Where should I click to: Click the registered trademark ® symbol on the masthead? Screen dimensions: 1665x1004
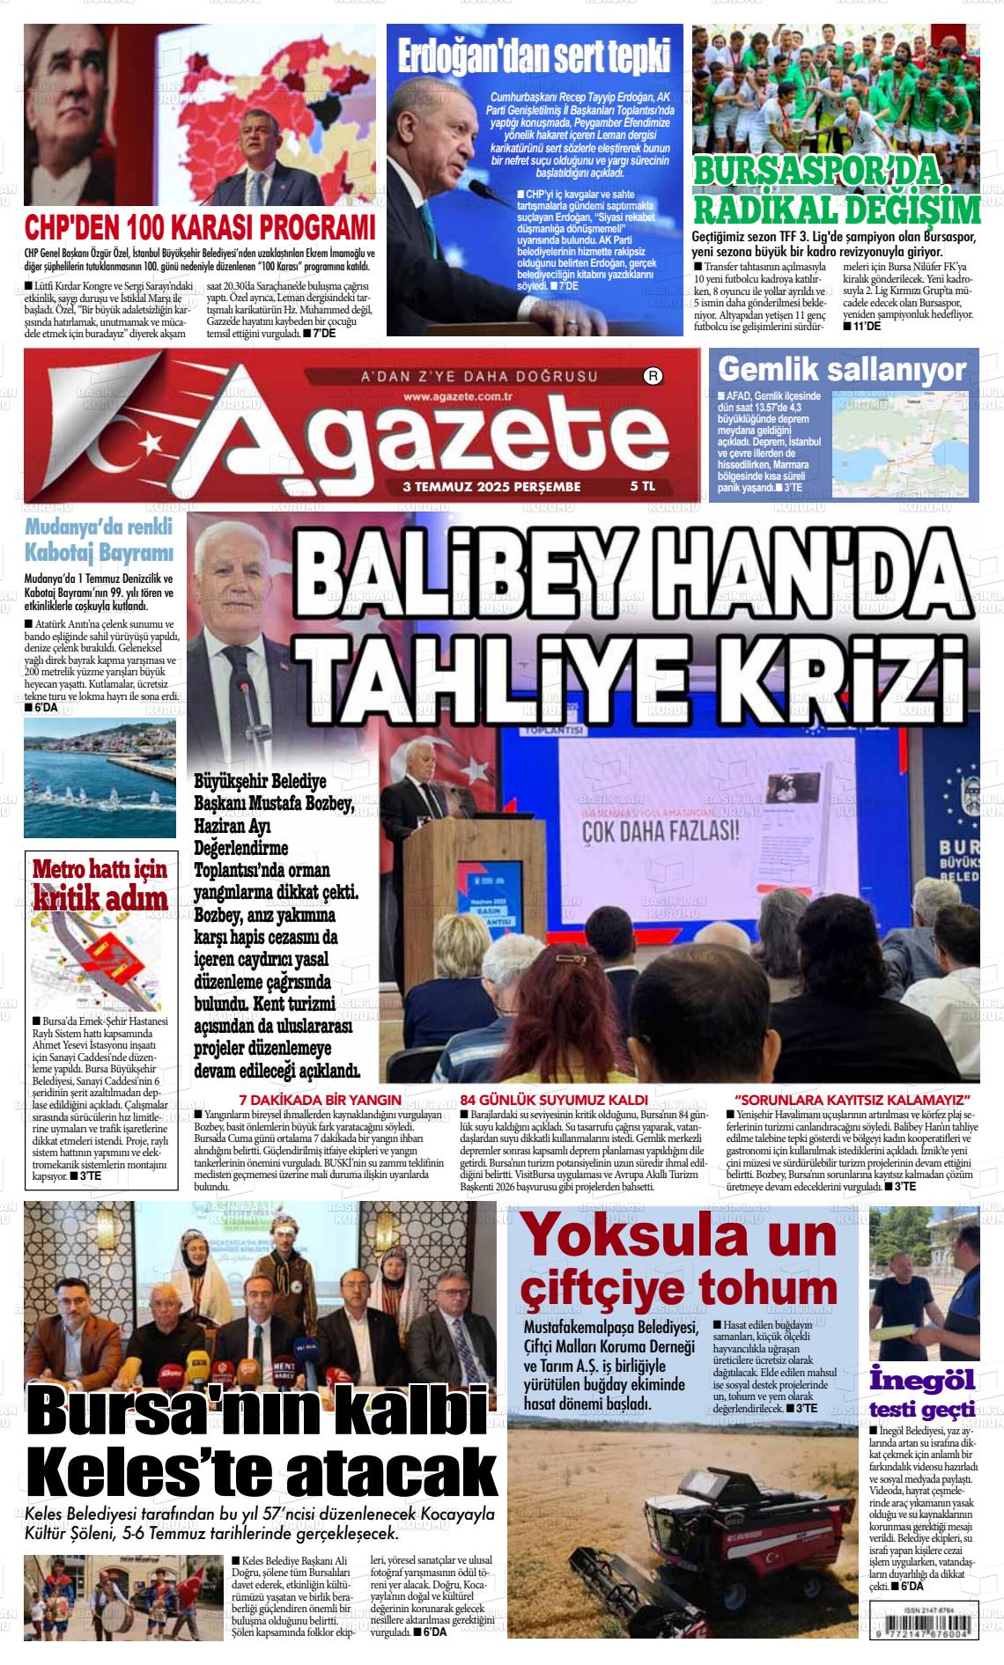(x=653, y=377)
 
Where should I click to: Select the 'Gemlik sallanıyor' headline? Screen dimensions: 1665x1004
(x=842, y=370)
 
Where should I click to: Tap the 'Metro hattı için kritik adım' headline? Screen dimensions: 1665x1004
(x=100, y=883)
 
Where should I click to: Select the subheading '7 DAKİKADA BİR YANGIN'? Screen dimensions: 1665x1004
(x=321, y=1101)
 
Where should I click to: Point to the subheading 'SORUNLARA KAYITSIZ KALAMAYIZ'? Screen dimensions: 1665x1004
(x=853, y=1101)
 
